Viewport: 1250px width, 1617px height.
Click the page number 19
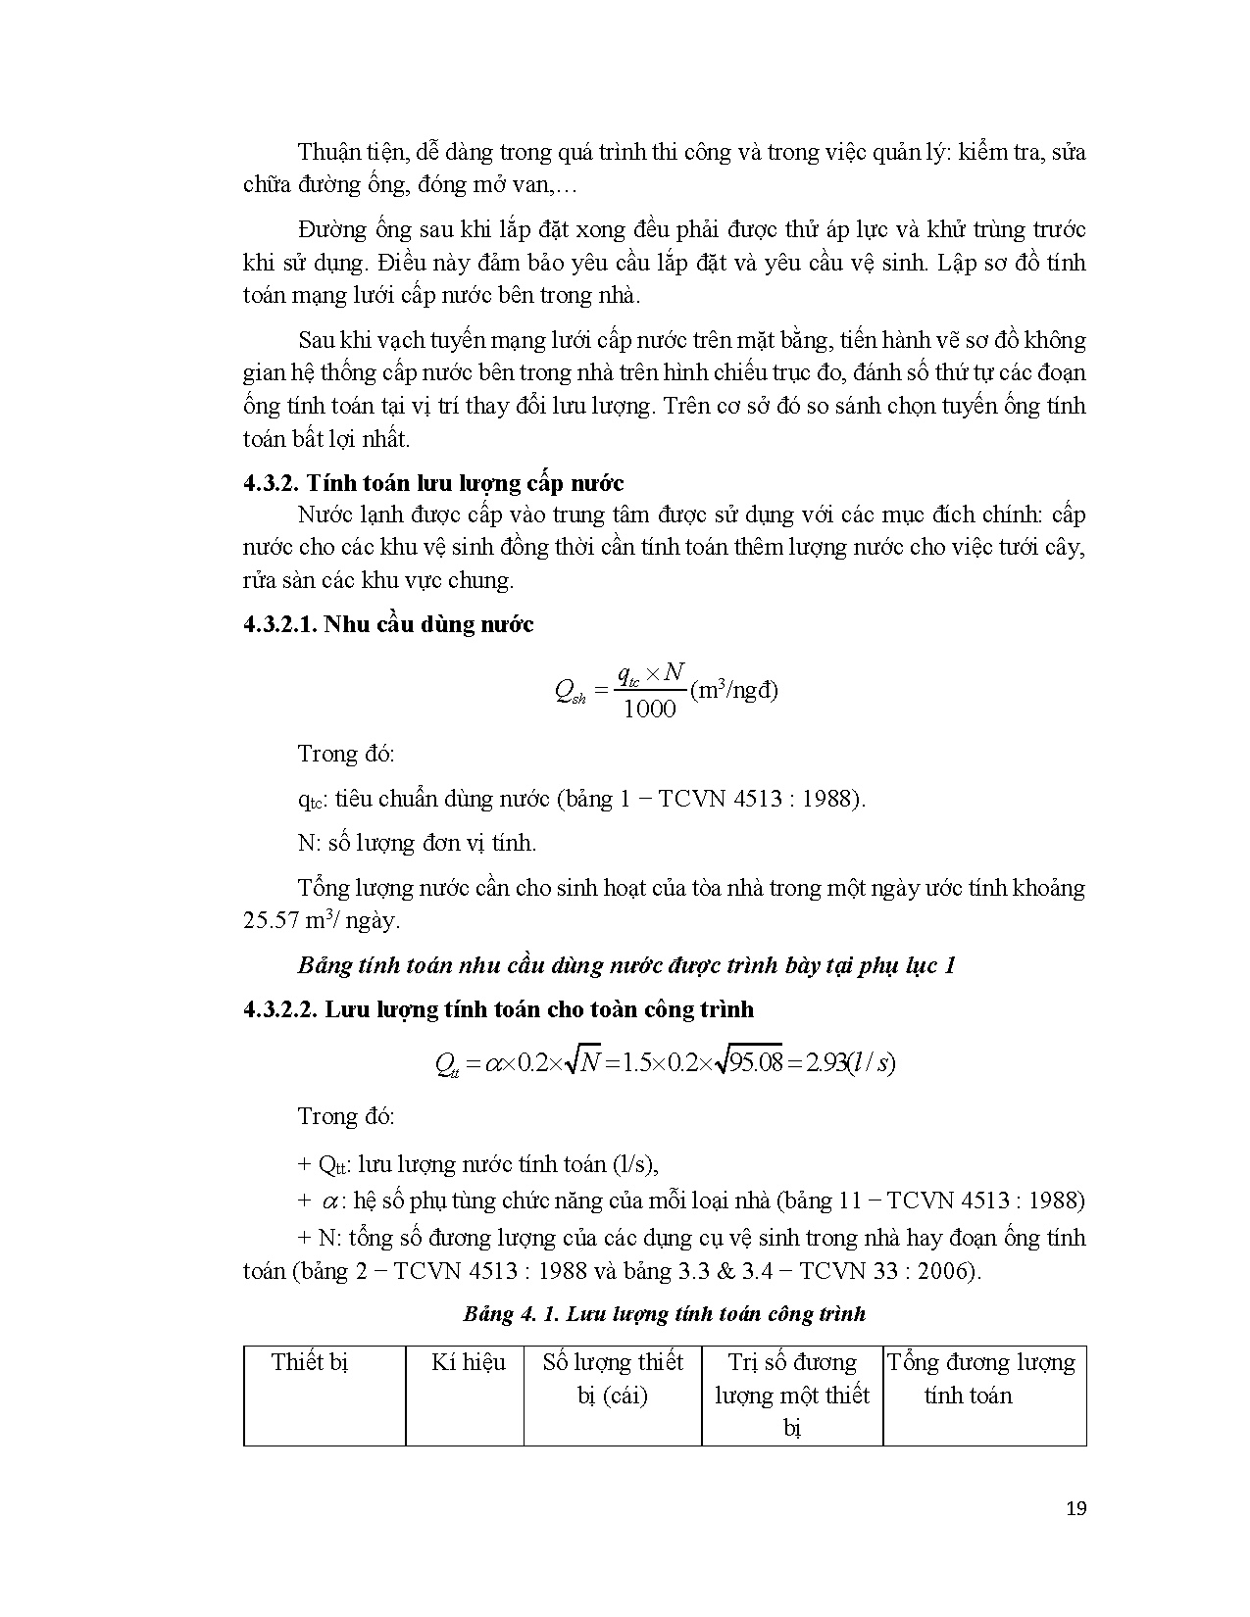click(1075, 1508)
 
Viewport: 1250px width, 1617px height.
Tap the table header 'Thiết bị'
click(310, 1362)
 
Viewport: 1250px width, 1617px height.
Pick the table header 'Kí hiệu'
click(468, 1362)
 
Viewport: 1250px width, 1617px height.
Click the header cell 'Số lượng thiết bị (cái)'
click(613, 1378)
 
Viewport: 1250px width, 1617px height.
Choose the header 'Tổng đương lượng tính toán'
click(981, 1378)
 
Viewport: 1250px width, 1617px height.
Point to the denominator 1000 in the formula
click(649, 710)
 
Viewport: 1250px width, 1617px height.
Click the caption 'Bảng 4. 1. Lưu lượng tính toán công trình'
click(664, 1313)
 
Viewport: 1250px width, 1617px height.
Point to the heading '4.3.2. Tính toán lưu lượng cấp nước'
click(433, 482)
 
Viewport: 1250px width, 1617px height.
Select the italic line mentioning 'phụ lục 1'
click(626, 965)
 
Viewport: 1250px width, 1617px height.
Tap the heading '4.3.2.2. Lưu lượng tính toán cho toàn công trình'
click(498, 1009)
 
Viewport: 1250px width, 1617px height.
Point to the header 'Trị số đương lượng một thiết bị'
click(792, 1394)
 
